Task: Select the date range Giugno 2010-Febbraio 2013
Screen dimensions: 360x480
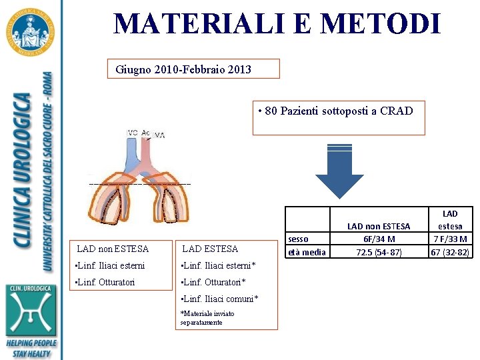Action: point(183,69)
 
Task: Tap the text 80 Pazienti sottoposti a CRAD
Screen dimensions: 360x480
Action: point(339,111)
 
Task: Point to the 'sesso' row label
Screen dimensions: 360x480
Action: point(299,239)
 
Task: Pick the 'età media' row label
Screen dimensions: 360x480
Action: point(306,252)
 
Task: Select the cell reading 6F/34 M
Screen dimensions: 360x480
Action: point(379,239)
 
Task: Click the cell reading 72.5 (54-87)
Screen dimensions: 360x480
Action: point(379,252)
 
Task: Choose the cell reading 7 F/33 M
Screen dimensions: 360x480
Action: point(450,239)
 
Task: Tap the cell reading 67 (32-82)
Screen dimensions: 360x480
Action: point(450,252)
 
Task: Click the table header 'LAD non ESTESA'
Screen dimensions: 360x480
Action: point(379,227)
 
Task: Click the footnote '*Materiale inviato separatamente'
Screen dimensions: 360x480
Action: point(207,318)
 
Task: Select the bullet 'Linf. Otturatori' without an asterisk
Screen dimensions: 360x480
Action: point(106,282)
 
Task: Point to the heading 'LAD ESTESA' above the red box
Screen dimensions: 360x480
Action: point(210,249)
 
